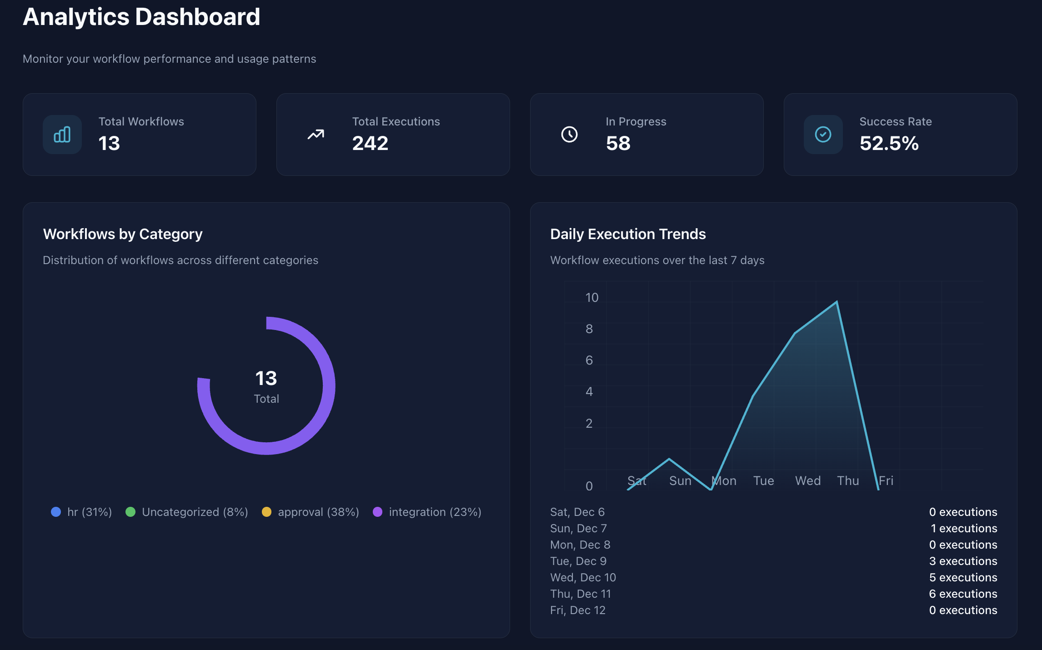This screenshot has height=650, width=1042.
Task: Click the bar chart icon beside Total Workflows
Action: [x=62, y=135]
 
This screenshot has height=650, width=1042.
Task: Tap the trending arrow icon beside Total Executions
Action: [x=316, y=135]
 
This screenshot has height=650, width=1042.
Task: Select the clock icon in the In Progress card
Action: [x=569, y=135]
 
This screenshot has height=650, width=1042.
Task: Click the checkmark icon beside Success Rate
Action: [x=823, y=135]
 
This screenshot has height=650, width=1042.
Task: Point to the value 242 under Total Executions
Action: [x=370, y=144]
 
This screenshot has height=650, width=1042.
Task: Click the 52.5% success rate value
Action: [x=889, y=144]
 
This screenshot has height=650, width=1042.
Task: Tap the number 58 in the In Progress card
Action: [x=618, y=144]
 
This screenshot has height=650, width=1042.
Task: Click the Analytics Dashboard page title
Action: [x=141, y=17]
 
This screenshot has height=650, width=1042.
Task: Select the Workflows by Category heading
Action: [x=123, y=234]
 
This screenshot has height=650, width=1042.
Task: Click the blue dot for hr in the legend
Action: [x=56, y=512]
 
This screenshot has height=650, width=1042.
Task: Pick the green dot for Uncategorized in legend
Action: [x=130, y=512]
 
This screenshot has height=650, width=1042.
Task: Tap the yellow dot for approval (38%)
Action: [x=266, y=512]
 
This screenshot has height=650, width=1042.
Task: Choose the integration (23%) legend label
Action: [x=435, y=512]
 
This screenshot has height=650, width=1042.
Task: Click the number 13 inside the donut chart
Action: [x=266, y=378]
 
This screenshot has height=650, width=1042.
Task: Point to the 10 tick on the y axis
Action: [x=591, y=298]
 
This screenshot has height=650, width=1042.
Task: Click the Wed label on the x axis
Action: [x=807, y=481]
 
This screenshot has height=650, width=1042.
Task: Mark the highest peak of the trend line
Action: [x=837, y=302]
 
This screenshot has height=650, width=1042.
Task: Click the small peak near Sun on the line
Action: [x=669, y=459]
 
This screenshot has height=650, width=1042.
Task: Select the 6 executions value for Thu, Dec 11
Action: [x=962, y=594]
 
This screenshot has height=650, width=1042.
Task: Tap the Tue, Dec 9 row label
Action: [x=578, y=561]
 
